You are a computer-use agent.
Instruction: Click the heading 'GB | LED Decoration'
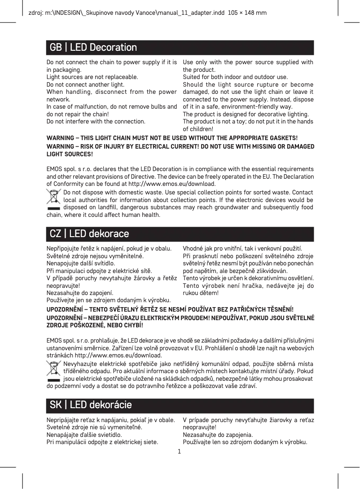point(93,48)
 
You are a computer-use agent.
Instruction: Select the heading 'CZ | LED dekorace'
point(89,234)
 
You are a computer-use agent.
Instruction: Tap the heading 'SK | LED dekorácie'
point(91,405)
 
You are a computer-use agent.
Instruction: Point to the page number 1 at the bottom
point(180,451)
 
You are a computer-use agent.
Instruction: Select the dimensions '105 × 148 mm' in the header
point(247,13)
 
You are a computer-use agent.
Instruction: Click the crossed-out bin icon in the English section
point(54,199)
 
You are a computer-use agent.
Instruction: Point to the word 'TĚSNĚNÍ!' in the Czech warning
point(277,309)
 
